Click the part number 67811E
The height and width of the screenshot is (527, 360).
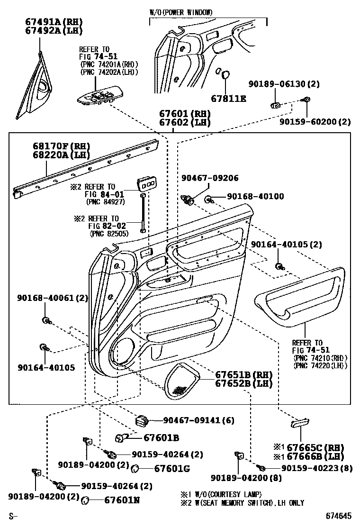[x=229, y=99]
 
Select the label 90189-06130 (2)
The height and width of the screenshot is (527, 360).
[x=284, y=84]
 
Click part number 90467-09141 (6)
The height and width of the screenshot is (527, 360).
[x=198, y=420]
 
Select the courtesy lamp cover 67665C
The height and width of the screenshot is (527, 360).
[x=300, y=422]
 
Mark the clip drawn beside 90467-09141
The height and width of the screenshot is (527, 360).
[x=142, y=420]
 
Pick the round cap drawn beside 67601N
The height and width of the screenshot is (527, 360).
[x=86, y=500]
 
